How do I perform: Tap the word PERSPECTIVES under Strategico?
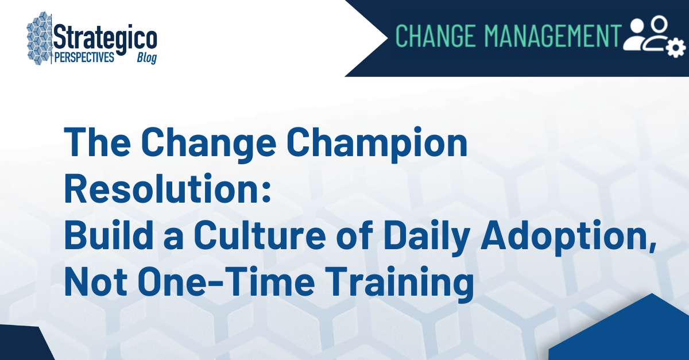click(x=84, y=58)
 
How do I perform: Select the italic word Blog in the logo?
click(x=146, y=59)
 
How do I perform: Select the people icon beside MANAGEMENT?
click(x=646, y=33)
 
